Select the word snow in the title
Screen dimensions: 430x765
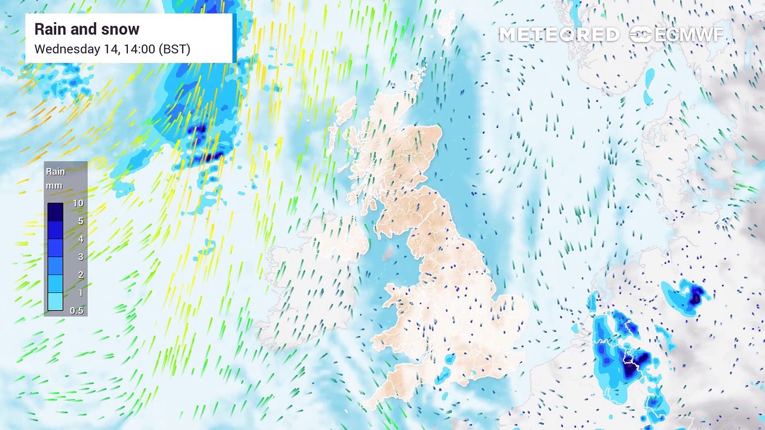click(x=121, y=29)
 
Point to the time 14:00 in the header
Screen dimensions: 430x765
click(x=137, y=49)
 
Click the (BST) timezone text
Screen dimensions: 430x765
click(x=175, y=49)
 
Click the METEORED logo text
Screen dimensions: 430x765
click(x=559, y=35)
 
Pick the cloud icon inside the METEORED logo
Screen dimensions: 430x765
click(x=567, y=35)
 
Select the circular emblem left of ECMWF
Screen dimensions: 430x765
click(x=641, y=35)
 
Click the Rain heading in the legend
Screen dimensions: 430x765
click(x=56, y=171)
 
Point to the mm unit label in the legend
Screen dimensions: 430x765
click(x=54, y=186)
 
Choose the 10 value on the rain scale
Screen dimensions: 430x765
click(x=78, y=203)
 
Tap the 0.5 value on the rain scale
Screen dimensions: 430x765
click(x=77, y=311)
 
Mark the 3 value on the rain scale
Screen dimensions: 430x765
click(x=80, y=257)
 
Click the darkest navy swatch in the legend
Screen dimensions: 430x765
click(x=56, y=212)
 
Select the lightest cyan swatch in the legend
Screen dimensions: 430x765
click(x=56, y=302)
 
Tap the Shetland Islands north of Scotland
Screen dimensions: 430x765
click(x=446, y=24)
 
